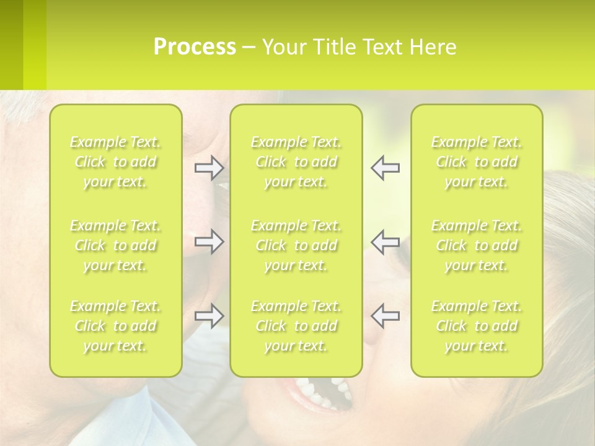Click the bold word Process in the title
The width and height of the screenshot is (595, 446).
coord(195,47)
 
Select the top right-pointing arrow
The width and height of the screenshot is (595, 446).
coord(209,168)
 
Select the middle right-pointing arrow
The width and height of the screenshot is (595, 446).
coord(209,242)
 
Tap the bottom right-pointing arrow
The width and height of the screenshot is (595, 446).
coord(209,316)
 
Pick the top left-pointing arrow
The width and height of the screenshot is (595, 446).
coord(385,168)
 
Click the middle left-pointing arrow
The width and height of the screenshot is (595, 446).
coord(385,242)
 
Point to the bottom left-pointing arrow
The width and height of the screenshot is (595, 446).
coord(385,316)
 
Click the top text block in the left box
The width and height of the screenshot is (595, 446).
coord(115,162)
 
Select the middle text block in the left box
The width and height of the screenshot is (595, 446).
coord(115,245)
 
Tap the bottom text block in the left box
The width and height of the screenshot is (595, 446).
coord(115,326)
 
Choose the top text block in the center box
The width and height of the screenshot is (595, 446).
coord(296,162)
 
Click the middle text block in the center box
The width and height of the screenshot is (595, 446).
coord(296,245)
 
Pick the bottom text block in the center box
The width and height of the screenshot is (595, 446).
coord(296,326)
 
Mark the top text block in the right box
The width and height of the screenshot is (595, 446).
coord(477,162)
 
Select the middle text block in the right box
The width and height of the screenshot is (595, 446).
coord(477,245)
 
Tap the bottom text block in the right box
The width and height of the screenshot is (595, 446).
coord(477,326)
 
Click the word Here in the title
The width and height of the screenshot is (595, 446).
coord(433,47)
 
